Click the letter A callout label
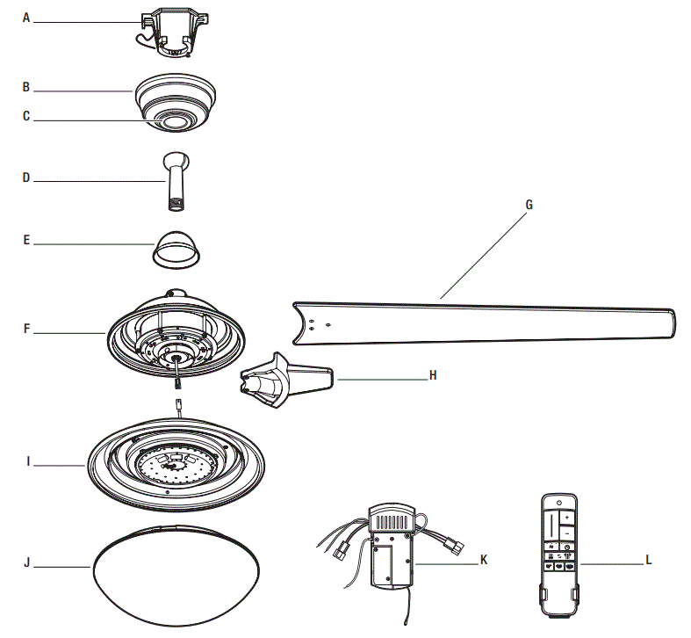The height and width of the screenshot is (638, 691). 26,18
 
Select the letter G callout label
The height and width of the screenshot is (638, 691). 529,205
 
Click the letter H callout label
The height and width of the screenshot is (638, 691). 432,375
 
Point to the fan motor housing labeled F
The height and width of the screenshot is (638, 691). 176,338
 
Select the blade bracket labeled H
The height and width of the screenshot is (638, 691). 281,383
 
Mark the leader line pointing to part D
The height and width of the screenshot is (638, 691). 97,180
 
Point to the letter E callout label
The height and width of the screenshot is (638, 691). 26,239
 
